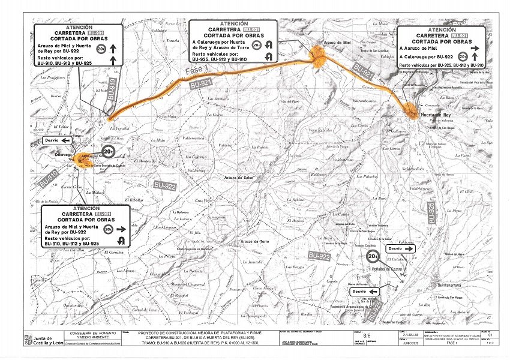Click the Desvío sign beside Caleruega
tap(56, 140)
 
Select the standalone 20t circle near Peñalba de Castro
tap(373, 258)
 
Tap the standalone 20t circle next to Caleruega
tap(109, 152)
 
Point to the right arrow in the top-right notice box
tap(474, 48)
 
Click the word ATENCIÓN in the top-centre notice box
tap(233, 23)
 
